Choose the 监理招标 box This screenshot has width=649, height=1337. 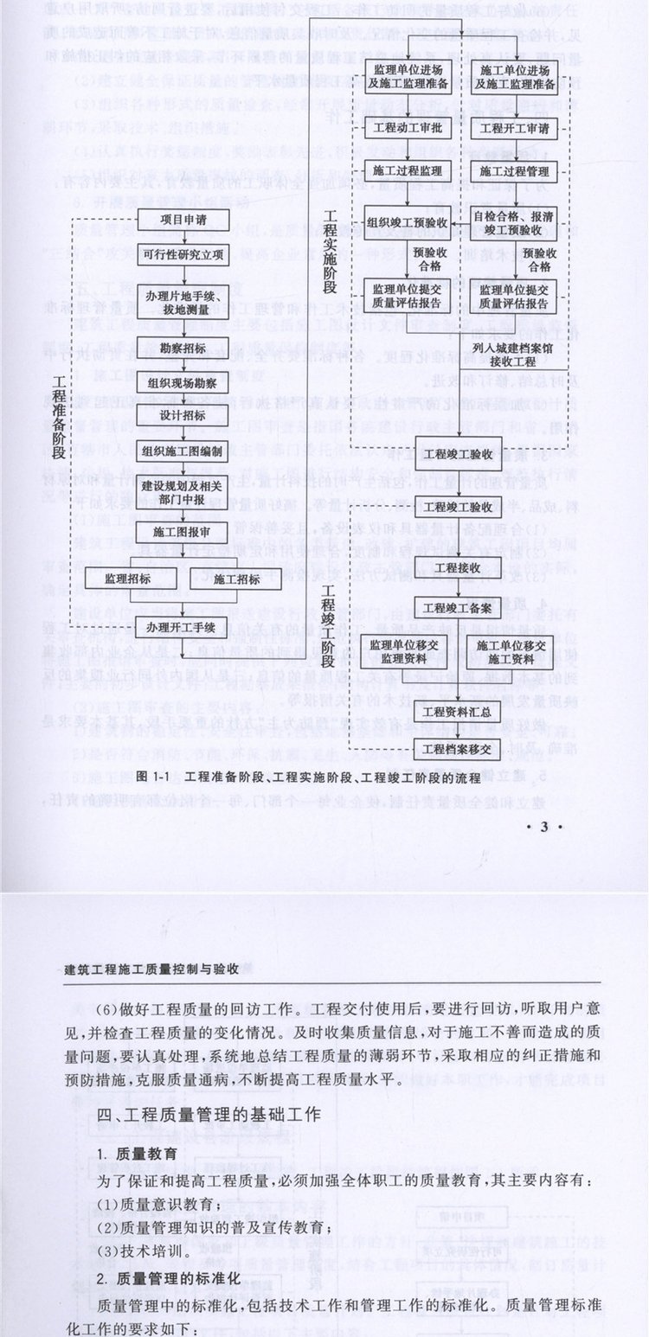coord(130,578)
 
